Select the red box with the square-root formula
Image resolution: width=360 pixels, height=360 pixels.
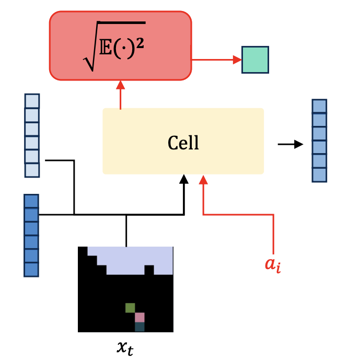point(120,45)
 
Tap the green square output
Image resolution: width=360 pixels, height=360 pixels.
point(255,60)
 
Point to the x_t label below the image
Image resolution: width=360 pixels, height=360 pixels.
point(125,346)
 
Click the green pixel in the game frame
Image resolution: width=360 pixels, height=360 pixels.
point(130,308)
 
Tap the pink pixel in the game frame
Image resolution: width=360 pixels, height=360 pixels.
point(140,317)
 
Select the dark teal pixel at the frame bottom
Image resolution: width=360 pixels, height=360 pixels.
point(140,327)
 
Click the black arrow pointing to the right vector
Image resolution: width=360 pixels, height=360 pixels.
point(290,144)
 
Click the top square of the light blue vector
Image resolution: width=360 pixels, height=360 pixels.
point(32,101)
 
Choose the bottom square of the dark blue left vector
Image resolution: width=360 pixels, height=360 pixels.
point(31,270)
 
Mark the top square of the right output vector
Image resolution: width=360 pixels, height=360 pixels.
point(319,106)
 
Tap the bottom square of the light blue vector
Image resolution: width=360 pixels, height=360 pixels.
point(32,170)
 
